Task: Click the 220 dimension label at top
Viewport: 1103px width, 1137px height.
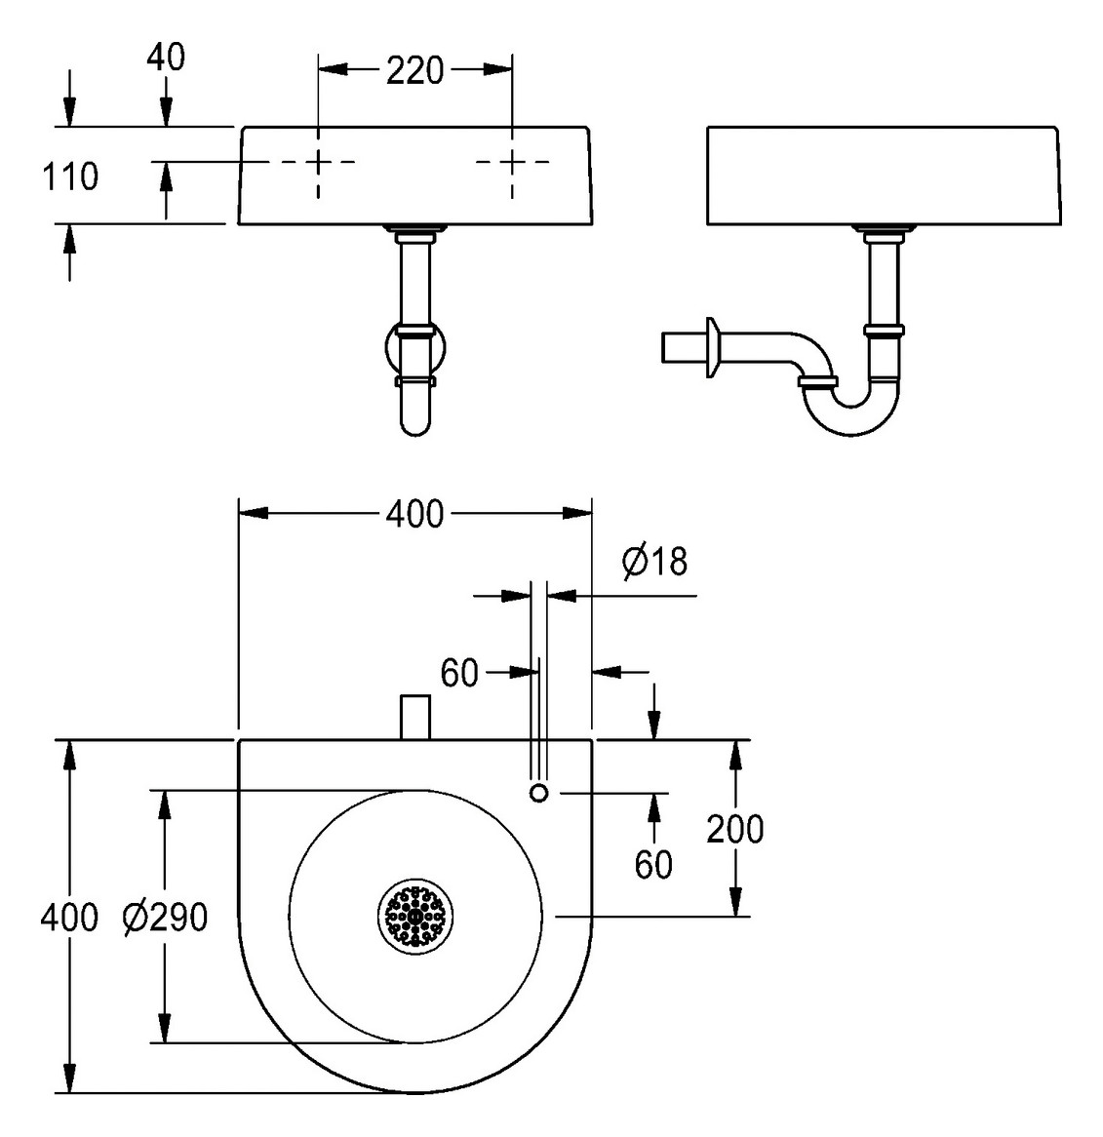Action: coord(414,70)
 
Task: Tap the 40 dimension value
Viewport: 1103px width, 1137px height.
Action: coord(166,58)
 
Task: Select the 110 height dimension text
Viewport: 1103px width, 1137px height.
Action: coord(69,176)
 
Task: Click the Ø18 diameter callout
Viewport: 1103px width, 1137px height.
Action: coord(654,561)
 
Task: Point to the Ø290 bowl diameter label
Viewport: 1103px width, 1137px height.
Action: coord(166,917)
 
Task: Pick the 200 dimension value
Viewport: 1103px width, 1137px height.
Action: coord(735,829)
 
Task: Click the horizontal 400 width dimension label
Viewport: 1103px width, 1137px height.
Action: coord(414,513)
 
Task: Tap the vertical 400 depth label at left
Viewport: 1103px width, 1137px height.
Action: coord(69,917)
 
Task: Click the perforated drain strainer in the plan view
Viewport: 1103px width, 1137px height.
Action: coord(415,916)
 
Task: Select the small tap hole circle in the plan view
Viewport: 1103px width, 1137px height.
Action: coord(538,793)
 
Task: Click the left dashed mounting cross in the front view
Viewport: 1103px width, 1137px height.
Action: coord(318,163)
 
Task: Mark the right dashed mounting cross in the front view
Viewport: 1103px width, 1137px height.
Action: coord(512,163)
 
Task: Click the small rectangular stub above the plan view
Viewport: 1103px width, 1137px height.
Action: coord(415,717)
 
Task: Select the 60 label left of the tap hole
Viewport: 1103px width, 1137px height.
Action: coord(460,672)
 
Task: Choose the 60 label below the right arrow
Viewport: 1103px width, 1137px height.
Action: coord(653,864)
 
